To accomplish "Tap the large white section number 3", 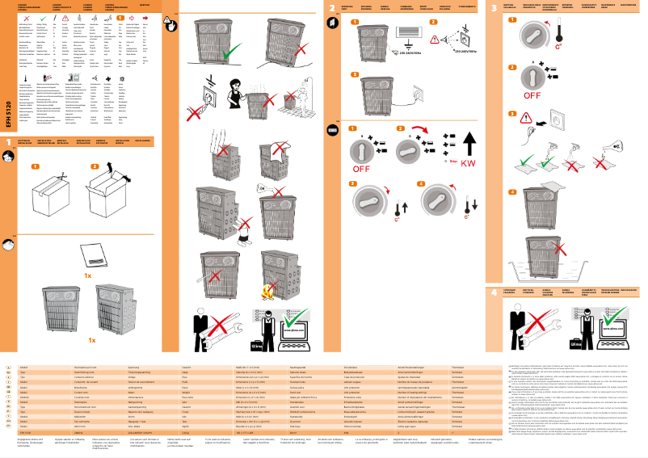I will click(495, 7).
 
